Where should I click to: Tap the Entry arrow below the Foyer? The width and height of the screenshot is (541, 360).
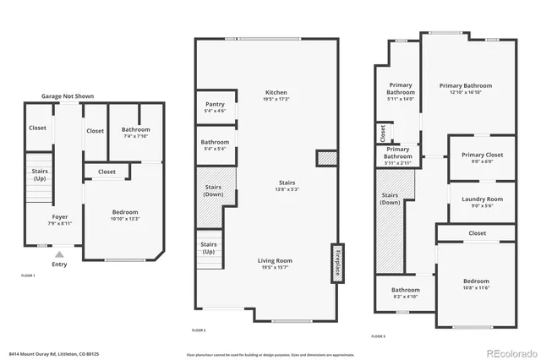point(59,253)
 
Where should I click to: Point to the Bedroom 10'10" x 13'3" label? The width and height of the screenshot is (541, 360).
point(125,215)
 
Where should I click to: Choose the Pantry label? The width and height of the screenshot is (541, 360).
point(215,106)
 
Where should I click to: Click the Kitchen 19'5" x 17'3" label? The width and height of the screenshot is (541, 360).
point(276,95)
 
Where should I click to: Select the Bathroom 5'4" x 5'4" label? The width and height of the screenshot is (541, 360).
point(215,145)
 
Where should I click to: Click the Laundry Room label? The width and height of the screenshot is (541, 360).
point(482,201)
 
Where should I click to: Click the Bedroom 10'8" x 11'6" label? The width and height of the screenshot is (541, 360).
point(475,284)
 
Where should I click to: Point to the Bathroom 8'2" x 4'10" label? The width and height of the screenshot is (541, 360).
point(405,292)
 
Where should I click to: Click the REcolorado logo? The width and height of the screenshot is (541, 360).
point(510,352)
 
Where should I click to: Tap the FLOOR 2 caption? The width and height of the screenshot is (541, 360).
point(199,330)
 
